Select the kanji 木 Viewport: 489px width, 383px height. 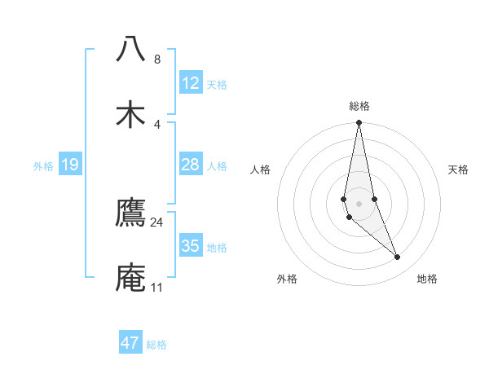tap(131, 114)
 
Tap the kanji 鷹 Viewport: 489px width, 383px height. tap(131, 213)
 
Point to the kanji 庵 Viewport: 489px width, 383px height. tap(131, 277)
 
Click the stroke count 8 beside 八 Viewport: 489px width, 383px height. tap(157, 59)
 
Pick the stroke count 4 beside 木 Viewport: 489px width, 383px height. tap(157, 124)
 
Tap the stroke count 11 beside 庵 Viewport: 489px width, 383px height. tap(157, 288)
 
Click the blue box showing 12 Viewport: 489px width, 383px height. tap(191, 83)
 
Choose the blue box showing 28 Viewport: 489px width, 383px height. tap(191, 165)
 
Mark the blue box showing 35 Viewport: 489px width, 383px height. tap(191, 246)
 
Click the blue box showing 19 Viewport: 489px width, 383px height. tap(70, 165)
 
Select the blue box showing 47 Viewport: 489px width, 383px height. tap(130, 343)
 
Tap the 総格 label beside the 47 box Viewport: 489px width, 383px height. tap(156, 345)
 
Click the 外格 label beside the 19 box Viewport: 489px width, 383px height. tap(43, 166)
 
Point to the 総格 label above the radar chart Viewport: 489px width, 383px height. tap(359, 106)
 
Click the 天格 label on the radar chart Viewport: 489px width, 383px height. tap(459, 169)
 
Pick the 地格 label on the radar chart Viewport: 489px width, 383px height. tap(427, 280)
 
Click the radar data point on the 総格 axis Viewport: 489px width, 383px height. tap(359, 123)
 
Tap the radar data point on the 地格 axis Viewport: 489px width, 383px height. tap(398, 258)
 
